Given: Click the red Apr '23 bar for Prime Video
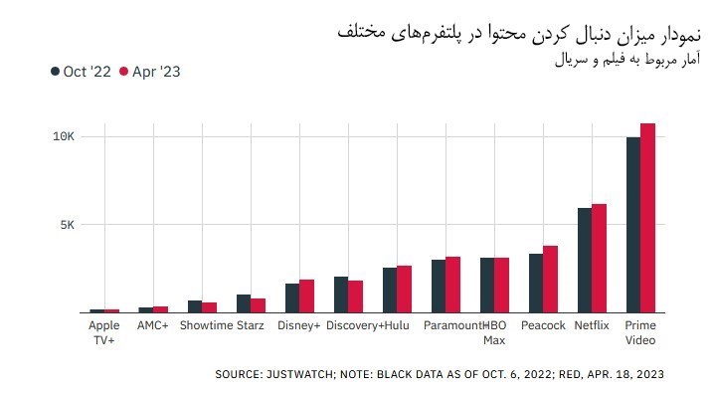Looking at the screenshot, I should pos(647,218).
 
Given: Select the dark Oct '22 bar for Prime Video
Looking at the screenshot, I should pos(632,225).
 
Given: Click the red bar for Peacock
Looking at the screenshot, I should pos(550,280).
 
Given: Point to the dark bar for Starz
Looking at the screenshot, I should pos(244,303).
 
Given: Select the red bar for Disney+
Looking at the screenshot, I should pos(307,296).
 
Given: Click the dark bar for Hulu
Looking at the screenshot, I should pos(390,291).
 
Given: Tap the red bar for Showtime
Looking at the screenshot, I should pos(209,307).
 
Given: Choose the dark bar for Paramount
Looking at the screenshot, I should pos(439,287).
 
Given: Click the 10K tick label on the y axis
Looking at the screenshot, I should pos(64,135).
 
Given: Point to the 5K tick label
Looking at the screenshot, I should pos(67,225).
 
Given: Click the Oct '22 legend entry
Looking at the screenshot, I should pos(82,72).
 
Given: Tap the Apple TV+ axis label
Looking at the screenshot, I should pos(104,333).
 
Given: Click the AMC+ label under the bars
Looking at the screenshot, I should pos(153,326).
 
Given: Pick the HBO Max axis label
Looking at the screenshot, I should pos(494,333).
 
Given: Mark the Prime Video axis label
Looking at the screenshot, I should pos(639,333).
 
